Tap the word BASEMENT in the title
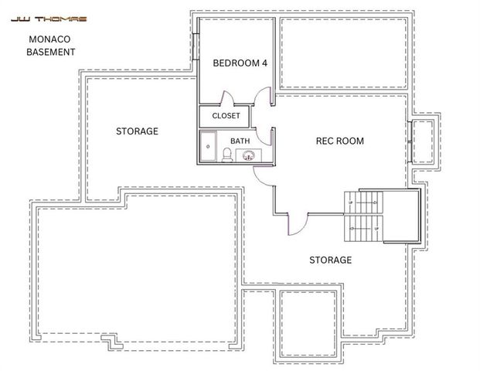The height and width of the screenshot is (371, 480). [51, 53]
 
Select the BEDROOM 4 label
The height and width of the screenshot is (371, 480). [240, 63]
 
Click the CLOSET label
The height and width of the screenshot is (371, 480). [226, 116]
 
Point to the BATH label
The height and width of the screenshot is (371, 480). [240, 141]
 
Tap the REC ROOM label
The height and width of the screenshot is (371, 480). [339, 141]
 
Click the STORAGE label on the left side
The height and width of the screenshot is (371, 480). [137, 131]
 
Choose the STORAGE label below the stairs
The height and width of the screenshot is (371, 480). [330, 260]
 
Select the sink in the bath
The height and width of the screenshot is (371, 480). [249, 155]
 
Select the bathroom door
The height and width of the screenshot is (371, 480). [266, 133]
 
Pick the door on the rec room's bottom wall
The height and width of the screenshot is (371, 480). [298, 223]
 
